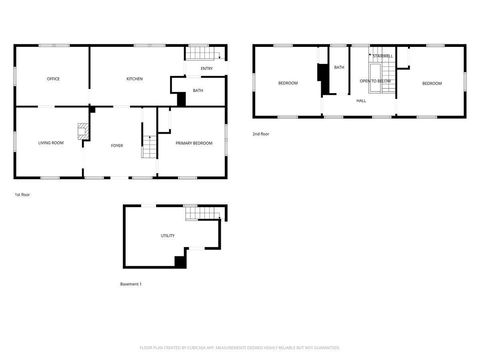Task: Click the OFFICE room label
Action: pos(53,78)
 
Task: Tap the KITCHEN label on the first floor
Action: pos(135,78)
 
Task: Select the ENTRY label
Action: pos(206,68)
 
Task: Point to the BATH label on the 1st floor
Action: pos(198,91)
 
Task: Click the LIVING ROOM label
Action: pos(52,143)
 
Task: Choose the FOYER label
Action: pos(117,145)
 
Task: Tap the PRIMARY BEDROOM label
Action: pos(193,144)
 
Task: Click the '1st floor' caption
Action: pos(20,193)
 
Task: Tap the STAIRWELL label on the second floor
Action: pos(382,56)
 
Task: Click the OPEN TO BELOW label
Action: pos(374,81)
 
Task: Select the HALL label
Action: pos(360,101)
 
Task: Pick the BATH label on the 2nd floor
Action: pos(339,67)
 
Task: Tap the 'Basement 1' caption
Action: pos(130,284)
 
